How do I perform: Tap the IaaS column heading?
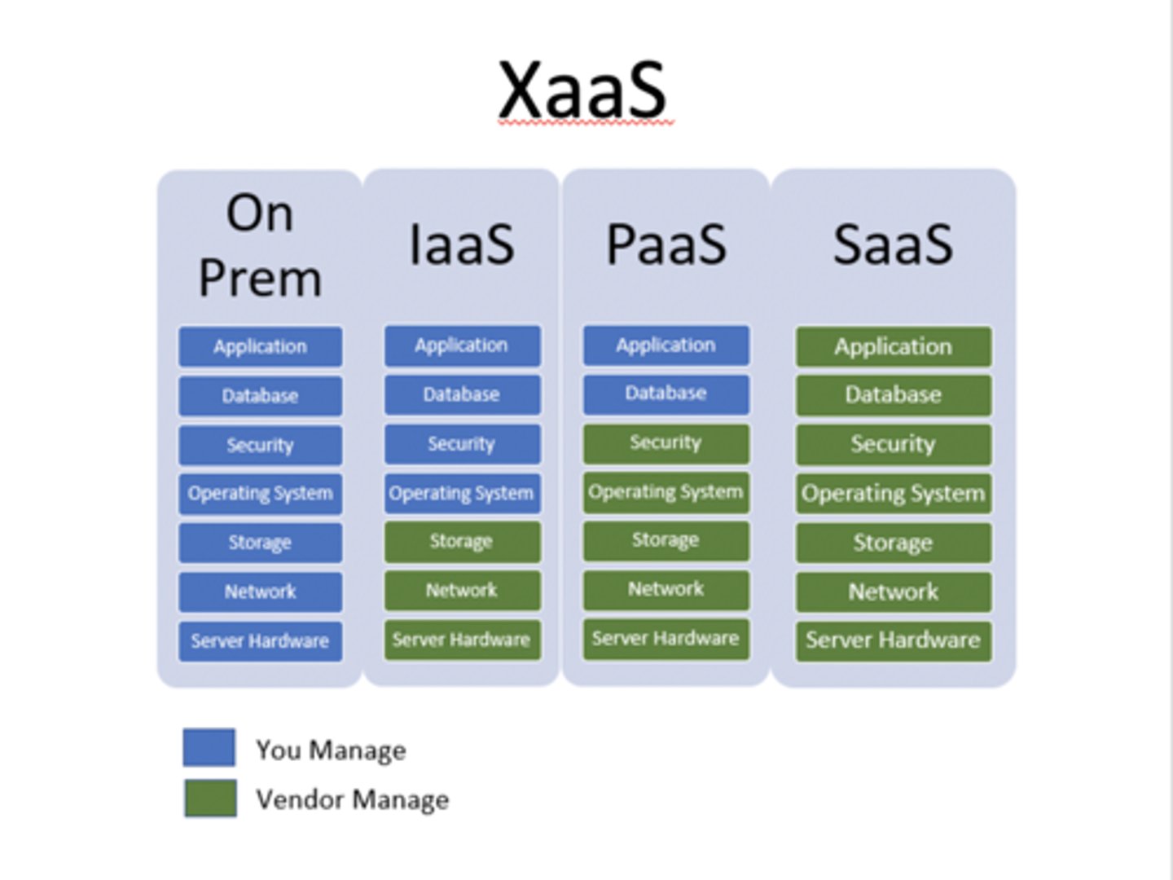point(461,244)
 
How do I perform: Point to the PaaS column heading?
point(666,244)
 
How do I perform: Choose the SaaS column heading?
point(893,244)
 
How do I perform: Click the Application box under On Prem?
point(260,347)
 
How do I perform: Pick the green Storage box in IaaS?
point(462,542)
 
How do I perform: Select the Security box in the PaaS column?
point(666,443)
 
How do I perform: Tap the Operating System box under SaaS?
point(893,494)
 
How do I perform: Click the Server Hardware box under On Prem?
point(260,641)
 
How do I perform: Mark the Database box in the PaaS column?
point(666,394)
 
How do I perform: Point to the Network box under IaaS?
point(462,591)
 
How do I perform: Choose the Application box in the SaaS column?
point(893,347)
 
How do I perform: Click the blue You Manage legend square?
point(209,748)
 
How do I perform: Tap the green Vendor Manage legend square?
point(210,799)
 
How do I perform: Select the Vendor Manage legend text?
point(352,799)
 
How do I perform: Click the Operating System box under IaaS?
point(462,494)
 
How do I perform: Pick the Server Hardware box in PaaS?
point(666,639)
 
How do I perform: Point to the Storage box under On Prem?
point(260,543)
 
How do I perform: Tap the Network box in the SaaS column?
point(893,592)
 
